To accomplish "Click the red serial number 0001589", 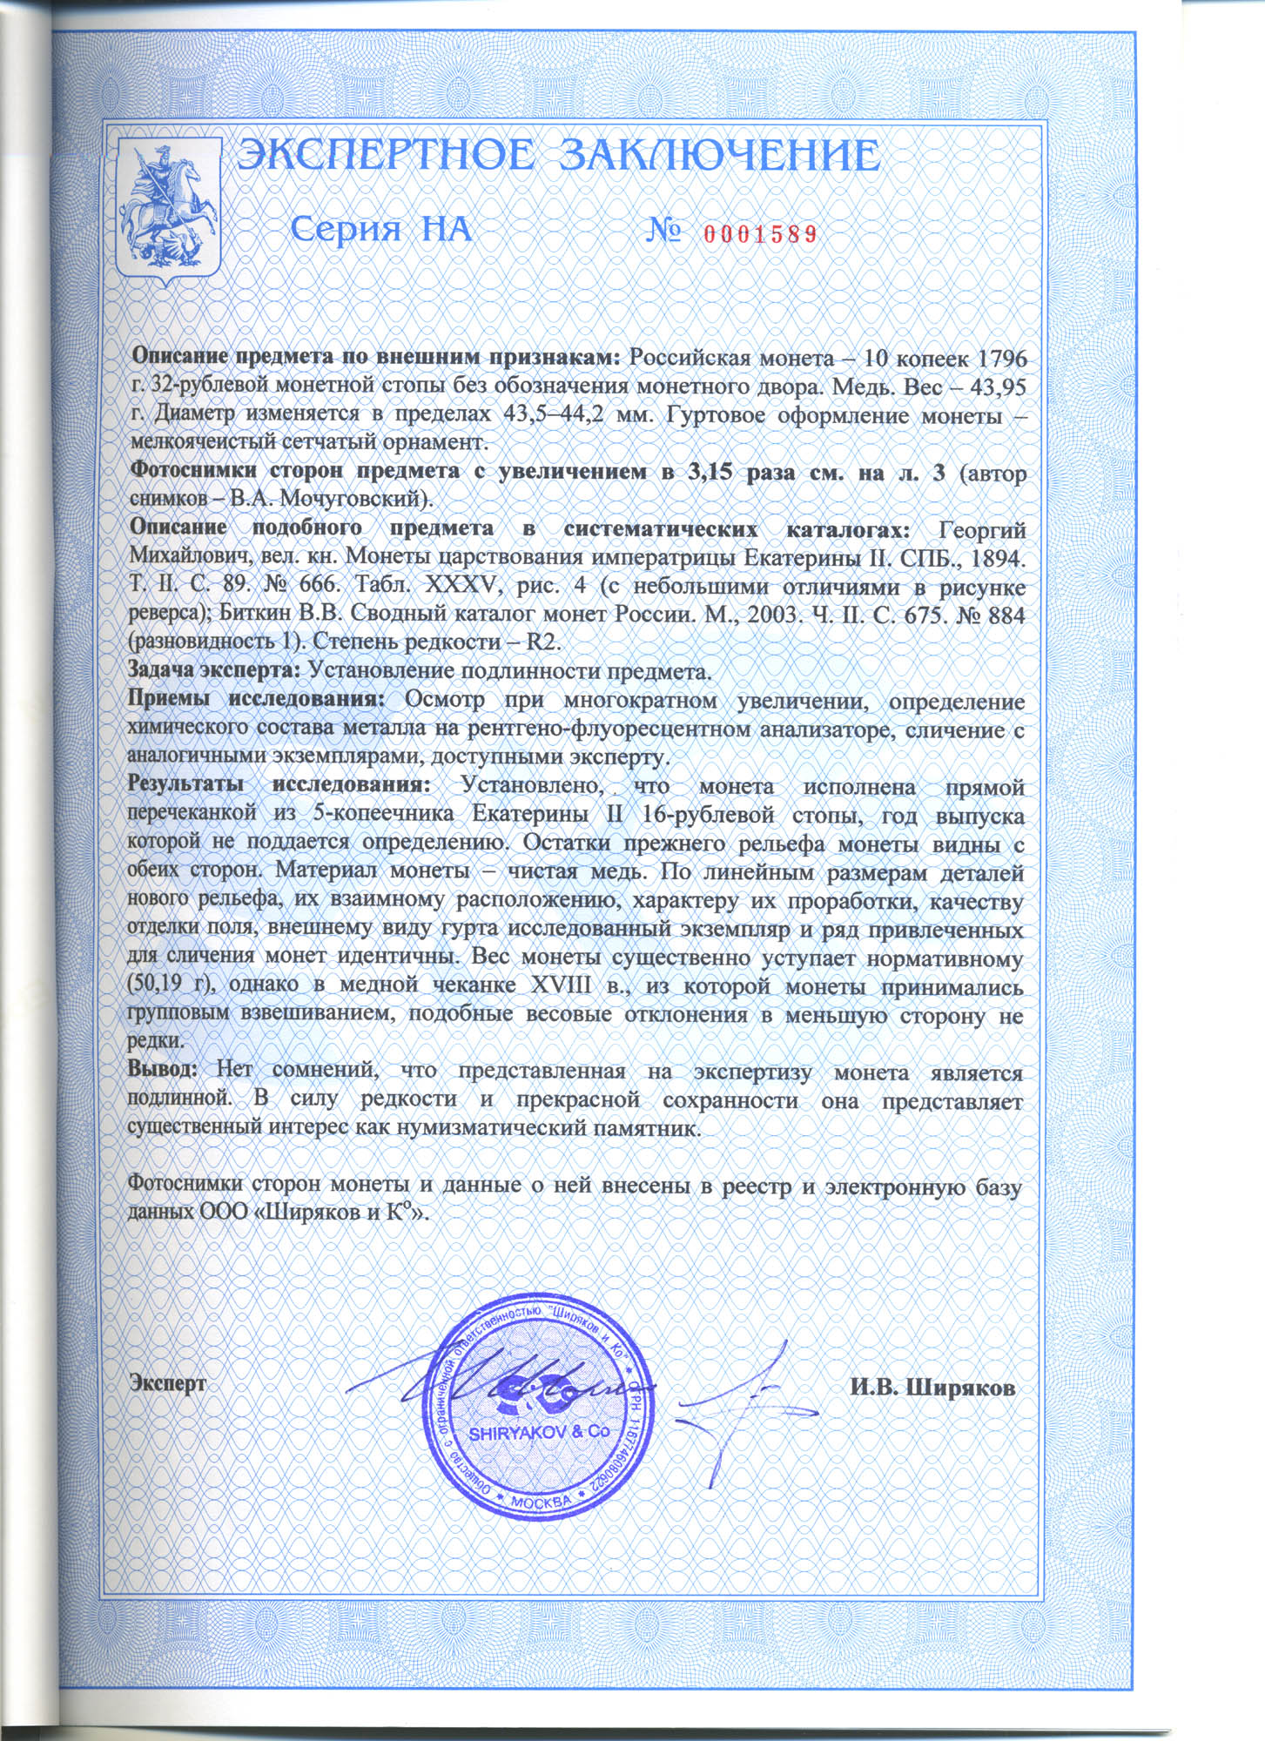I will pyautogui.click(x=759, y=233).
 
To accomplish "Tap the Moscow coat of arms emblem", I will pyautogui.click(x=168, y=207).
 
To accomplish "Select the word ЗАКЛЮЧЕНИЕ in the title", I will pyautogui.click(x=718, y=158).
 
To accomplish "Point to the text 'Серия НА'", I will pyautogui.click(x=380, y=230).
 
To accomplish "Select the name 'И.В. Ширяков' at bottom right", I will pyautogui.click(x=932, y=1388).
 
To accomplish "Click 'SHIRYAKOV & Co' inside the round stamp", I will pyautogui.click(x=528, y=1432).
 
